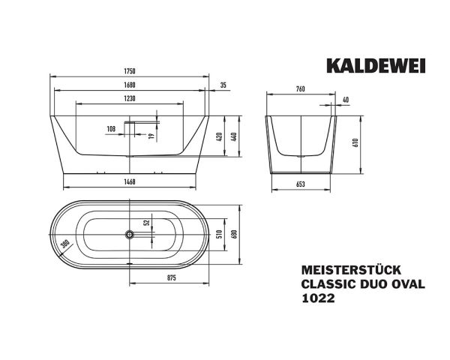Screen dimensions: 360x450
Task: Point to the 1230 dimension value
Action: [x=130, y=100]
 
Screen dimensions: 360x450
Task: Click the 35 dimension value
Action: [x=223, y=85]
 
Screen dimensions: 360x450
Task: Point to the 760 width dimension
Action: [x=300, y=90]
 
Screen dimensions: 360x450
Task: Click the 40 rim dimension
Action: [x=345, y=100]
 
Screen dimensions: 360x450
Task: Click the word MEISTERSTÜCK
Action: [x=343, y=269]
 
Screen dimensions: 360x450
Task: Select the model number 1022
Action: [x=316, y=298]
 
